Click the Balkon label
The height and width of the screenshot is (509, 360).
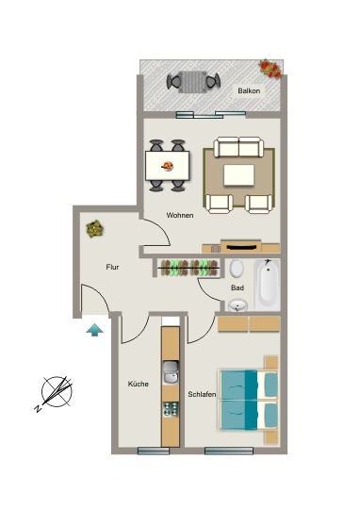point(249,90)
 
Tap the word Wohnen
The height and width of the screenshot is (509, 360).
point(180,215)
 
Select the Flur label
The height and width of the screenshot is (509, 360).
point(112,267)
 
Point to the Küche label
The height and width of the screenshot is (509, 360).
point(139,384)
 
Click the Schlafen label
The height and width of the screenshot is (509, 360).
point(202,394)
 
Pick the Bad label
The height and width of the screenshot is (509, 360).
point(237,287)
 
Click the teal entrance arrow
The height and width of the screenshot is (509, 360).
point(95,330)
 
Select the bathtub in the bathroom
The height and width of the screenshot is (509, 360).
point(268,285)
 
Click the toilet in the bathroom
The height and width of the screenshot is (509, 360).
point(237,268)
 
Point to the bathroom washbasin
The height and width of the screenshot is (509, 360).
point(237,305)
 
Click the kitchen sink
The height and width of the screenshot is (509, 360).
point(171,372)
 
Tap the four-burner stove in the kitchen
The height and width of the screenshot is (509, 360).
point(171,409)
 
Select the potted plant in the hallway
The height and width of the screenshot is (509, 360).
point(95,229)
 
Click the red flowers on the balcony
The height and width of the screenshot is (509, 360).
point(270,69)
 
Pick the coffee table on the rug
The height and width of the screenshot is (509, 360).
point(238,175)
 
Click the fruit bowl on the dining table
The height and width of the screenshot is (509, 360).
point(168,167)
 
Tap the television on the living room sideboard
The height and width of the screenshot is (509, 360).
point(241,247)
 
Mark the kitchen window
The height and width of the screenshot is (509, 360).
point(154,451)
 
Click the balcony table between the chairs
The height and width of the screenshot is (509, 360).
point(193,82)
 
